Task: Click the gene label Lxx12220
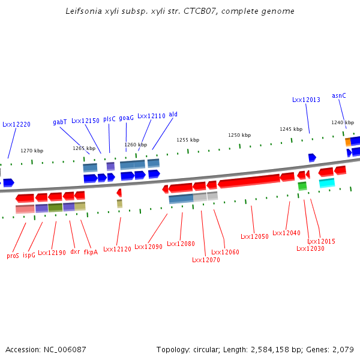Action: click(16, 124)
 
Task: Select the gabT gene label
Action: click(60, 122)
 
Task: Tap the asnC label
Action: click(339, 95)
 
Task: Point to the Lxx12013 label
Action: click(306, 100)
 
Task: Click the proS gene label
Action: click(13, 255)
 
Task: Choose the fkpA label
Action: click(91, 252)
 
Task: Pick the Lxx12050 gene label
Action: click(254, 236)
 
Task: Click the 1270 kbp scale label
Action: click(32, 151)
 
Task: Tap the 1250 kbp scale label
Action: click(239, 135)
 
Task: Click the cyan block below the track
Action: click(327, 183)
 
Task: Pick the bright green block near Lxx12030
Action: click(302, 186)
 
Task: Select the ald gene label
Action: click(173, 114)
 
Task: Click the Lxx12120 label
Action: click(117, 248)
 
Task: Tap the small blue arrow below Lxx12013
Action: click(312, 157)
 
